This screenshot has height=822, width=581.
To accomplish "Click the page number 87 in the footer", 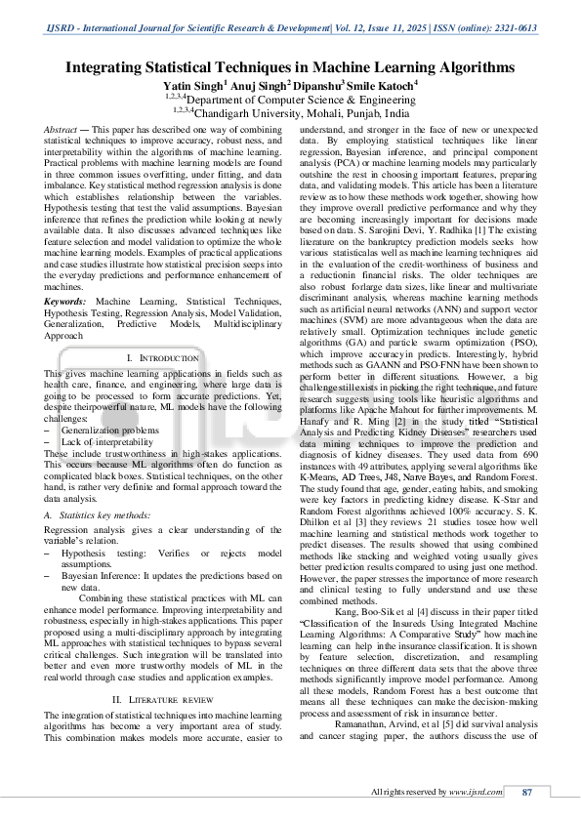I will click(528, 792).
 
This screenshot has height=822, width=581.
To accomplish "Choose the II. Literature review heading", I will click(163, 700).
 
